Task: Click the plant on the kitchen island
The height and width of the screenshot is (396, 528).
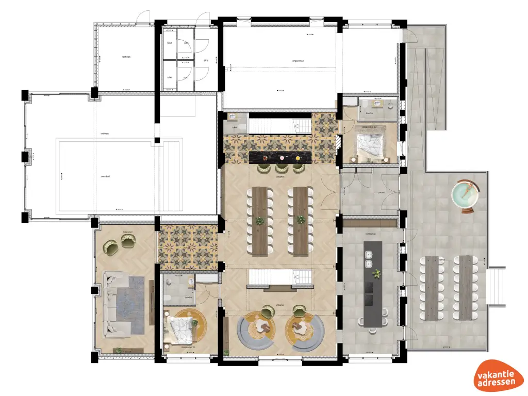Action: (x=377, y=273)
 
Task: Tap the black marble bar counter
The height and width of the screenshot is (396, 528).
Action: (x=281, y=156)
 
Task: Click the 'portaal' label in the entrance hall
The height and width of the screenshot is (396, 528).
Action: (x=382, y=193)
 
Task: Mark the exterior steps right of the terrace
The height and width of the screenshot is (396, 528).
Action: (x=497, y=286)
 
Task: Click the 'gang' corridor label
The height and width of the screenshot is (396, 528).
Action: (x=206, y=60)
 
